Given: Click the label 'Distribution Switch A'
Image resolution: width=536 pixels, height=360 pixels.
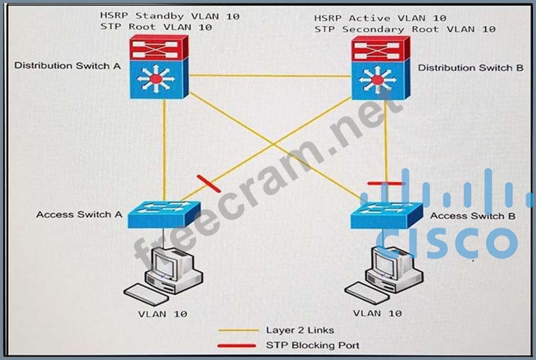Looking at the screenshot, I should [x=67, y=66].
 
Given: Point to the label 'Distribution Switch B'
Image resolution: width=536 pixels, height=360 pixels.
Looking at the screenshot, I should [x=470, y=67].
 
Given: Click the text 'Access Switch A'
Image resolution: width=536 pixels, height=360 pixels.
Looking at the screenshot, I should [x=78, y=214].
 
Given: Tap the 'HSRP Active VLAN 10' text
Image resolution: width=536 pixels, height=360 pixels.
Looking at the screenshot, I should [x=380, y=17].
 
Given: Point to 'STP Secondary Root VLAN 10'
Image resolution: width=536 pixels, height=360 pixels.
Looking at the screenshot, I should [x=405, y=29].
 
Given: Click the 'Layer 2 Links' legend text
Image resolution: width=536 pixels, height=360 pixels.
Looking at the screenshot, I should [x=299, y=329].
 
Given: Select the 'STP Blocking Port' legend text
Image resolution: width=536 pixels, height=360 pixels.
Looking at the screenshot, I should [x=312, y=345].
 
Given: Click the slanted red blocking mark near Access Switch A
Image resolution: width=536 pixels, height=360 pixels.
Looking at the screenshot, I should [x=205, y=182].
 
